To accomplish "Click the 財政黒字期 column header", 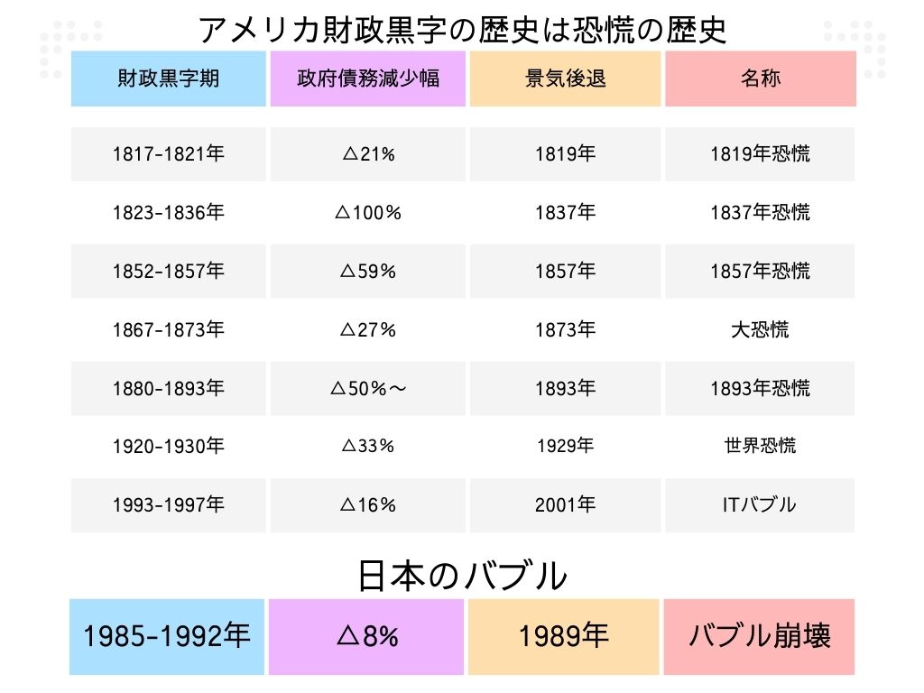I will coord(169,79).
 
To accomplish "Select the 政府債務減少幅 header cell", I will coord(368,79).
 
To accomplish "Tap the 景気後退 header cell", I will coord(566,79).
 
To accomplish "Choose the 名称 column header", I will coord(760,79).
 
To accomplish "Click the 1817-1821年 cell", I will coord(169,154).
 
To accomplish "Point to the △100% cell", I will coord(368,213).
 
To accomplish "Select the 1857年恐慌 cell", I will coord(760,272).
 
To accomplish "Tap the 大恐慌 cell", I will coord(760,330).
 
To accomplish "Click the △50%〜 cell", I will coord(368,389).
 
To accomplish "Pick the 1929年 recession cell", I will coord(566,447).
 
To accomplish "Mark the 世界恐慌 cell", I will coord(760,447).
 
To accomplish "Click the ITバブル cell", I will coord(760,505).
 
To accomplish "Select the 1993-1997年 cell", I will coord(169,505).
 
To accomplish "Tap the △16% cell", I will coord(368,505).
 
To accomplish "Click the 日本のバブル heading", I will coord(462,576).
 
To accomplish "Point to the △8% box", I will coord(367,636).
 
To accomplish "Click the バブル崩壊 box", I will coord(759,636).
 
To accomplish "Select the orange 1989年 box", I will coord(564,636).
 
